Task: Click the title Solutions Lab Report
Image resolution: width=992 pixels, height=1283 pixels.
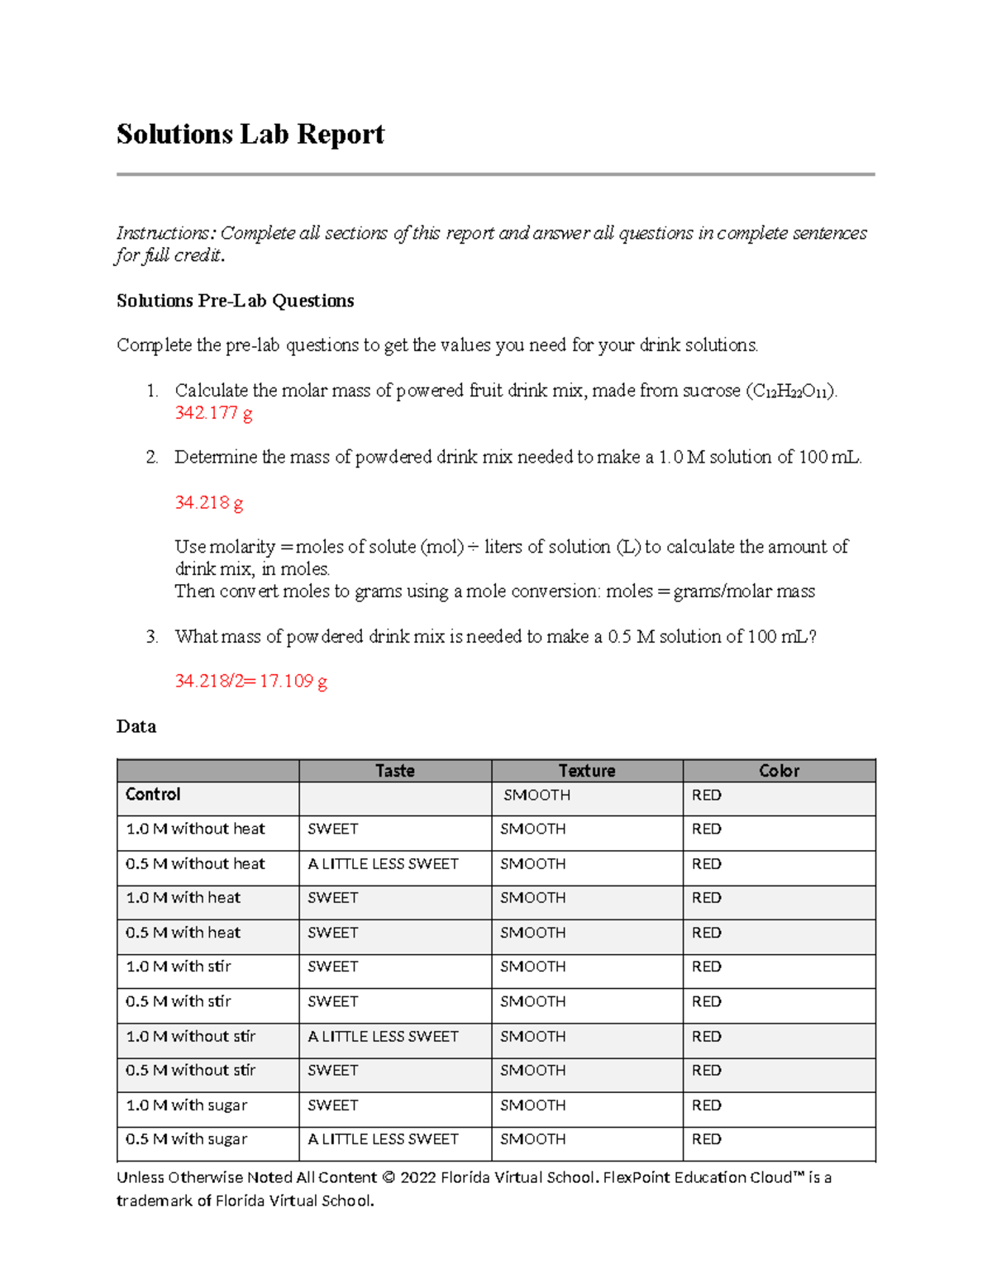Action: (250, 135)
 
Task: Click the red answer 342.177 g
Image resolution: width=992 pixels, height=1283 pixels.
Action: (213, 413)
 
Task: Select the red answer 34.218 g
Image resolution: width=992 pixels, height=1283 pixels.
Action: (208, 502)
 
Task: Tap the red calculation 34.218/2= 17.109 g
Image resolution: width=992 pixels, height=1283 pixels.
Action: (250, 682)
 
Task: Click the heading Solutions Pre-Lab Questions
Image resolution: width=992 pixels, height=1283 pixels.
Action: (235, 301)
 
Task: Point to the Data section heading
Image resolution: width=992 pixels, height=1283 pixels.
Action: (136, 727)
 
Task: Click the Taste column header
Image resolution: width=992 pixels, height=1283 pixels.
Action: (394, 771)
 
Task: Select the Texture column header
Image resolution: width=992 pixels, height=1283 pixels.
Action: (586, 771)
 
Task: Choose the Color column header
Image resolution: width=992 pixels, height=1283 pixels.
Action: (779, 771)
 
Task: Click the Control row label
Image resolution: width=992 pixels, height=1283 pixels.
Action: (153, 795)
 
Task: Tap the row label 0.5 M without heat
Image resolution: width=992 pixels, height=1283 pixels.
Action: (195, 864)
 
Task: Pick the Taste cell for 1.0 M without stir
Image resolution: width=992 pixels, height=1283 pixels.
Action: (383, 1037)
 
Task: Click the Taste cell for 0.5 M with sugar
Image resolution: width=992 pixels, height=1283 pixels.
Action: (383, 1140)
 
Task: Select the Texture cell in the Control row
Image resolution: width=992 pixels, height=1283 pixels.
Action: (537, 796)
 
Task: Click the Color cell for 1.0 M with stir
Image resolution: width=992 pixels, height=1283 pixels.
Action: (706, 967)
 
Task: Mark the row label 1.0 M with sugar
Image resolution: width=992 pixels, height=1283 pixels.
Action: (186, 1105)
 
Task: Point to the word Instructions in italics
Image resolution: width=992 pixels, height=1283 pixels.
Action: (163, 234)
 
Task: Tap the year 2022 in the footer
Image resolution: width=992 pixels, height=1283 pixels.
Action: (418, 1178)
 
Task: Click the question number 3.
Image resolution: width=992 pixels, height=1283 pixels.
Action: (151, 637)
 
